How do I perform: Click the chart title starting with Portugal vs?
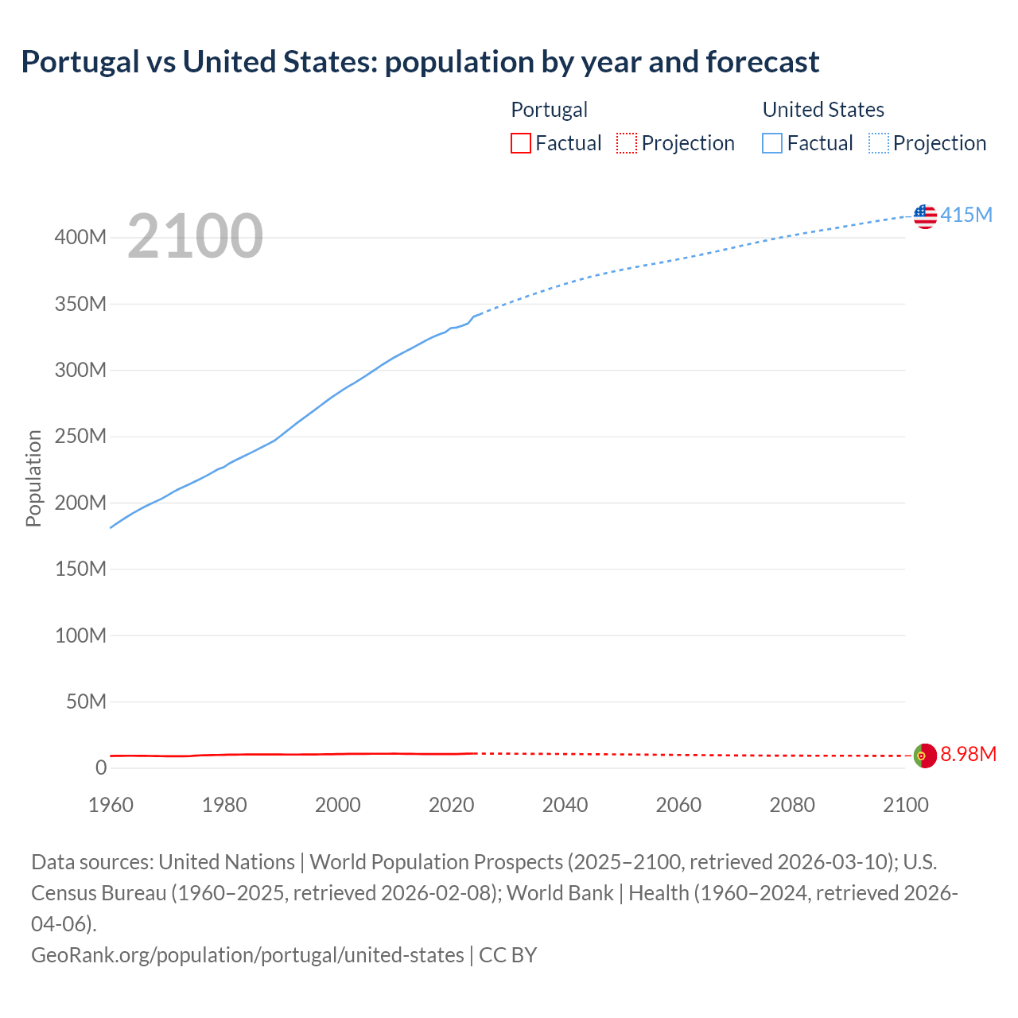(x=420, y=62)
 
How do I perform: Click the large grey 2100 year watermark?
(x=195, y=236)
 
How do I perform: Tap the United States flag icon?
(x=925, y=216)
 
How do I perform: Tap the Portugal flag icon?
(x=925, y=755)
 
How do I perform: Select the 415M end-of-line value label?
(x=966, y=215)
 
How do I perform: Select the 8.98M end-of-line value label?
(x=968, y=754)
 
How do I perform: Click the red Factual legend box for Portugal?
(x=520, y=143)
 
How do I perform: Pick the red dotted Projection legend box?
(x=627, y=143)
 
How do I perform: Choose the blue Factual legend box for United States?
(x=771, y=143)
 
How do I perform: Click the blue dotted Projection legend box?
(x=879, y=143)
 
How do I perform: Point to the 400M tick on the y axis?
(x=80, y=238)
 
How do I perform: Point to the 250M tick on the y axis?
(x=80, y=437)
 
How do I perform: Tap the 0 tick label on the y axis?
(x=101, y=767)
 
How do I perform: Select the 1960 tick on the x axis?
(x=111, y=805)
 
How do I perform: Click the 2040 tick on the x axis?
(x=565, y=805)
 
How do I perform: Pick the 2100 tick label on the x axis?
(x=906, y=805)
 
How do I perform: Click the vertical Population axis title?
(x=33, y=478)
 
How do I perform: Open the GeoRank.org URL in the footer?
(x=247, y=954)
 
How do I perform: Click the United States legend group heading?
(x=823, y=110)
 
